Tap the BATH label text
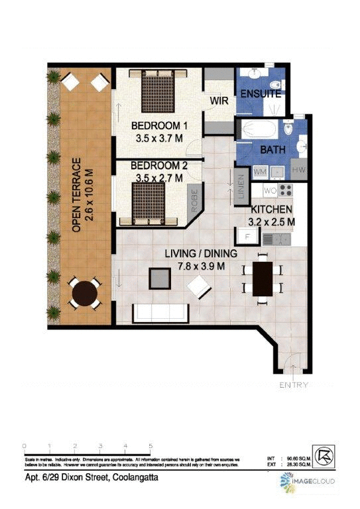(x=272, y=150)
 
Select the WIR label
(x=219, y=101)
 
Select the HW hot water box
(x=298, y=172)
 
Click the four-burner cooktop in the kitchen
(x=286, y=191)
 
